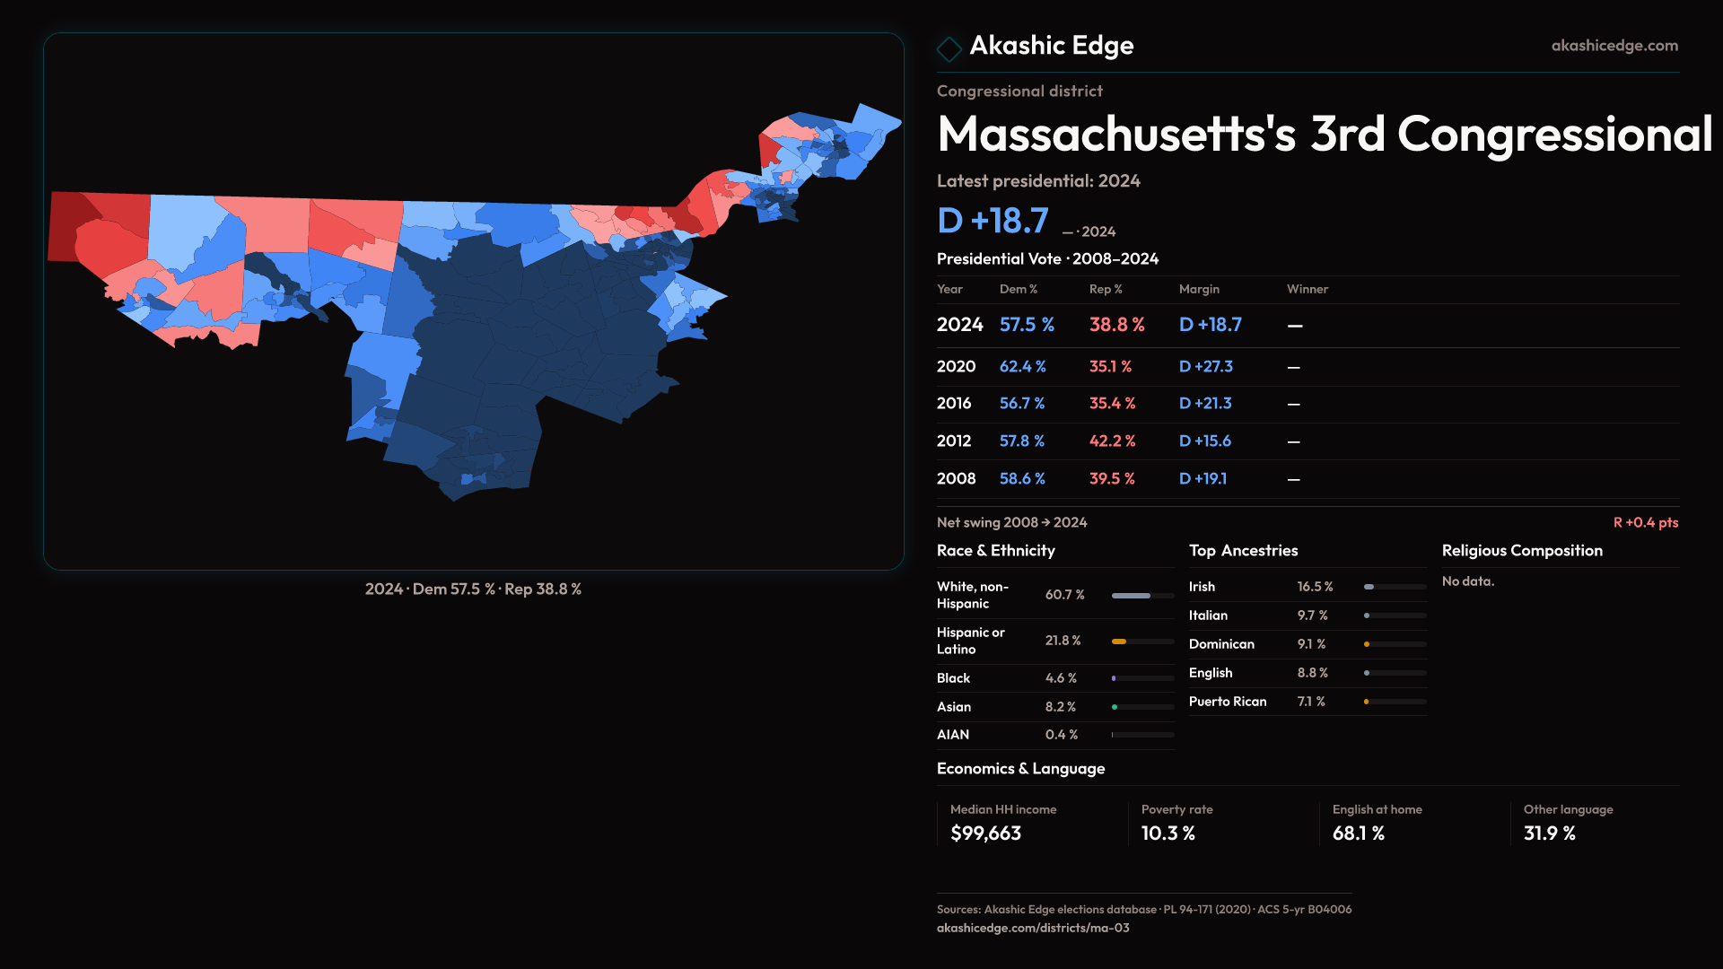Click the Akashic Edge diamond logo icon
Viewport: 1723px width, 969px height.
coord(949,48)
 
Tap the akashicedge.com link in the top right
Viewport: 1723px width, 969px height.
coord(1614,46)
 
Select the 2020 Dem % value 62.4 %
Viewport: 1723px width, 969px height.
coord(1022,367)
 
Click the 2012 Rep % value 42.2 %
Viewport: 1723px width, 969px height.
coord(1112,441)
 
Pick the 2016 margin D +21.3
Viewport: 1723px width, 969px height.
coord(1204,404)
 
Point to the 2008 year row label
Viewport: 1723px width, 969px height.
coord(956,479)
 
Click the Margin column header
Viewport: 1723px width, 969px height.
coord(1198,289)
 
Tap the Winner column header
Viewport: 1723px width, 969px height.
coord(1307,289)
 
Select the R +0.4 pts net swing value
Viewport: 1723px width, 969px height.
coord(1645,522)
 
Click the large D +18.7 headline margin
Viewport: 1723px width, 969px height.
coord(992,221)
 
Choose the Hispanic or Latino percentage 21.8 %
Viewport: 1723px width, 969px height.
coord(1063,641)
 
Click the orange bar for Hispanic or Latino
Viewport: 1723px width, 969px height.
coord(1119,642)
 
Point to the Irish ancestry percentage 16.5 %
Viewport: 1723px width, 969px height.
coord(1315,587)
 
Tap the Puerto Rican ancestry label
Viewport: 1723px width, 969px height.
coord(1227,702)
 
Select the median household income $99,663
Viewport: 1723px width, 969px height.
coord(985,834)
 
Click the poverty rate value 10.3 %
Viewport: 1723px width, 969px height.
coord(1168,834)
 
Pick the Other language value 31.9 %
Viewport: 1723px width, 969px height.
coord(1549,834)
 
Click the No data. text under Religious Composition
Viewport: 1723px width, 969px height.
coord(1467,581)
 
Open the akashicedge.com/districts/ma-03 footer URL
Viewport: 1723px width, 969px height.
coord(1032,928)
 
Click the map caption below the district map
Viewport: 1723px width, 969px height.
coord(473,589)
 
